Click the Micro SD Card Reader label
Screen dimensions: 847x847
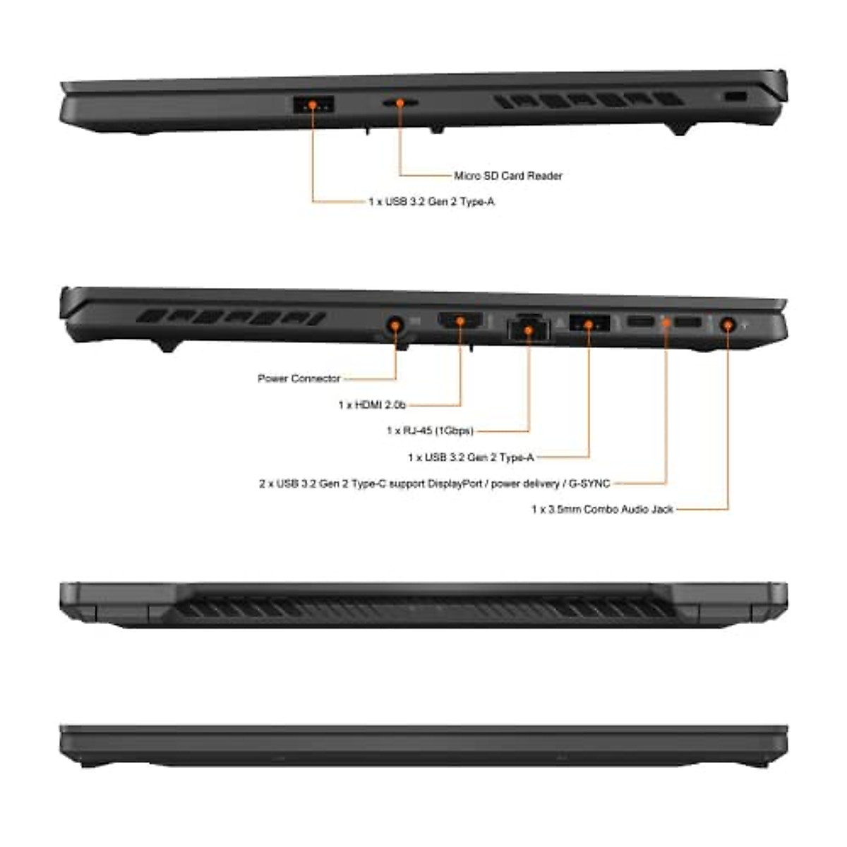(508, 176)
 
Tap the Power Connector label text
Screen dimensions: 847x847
(299, 379)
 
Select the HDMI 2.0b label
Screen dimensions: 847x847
(372, 405)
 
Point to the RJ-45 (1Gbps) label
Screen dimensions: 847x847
(430, 431)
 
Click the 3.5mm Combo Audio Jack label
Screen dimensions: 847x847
(602, 509)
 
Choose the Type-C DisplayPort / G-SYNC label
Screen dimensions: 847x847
(434, 483)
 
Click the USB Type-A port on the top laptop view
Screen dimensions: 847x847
(313, 104)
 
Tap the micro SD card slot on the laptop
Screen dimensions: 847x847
(400, 103)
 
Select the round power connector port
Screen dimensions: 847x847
(395, 325)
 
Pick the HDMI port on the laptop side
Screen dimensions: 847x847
(460, 322)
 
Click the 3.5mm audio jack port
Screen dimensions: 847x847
(728, 325)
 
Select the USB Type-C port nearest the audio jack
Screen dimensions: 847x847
(687, 323)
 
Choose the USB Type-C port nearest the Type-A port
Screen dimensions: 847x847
(640, 323)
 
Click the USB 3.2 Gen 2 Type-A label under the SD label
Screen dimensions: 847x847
(431, 202)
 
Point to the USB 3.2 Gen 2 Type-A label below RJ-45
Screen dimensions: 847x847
(471, 457)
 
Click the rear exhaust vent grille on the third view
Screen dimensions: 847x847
(423, 607)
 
